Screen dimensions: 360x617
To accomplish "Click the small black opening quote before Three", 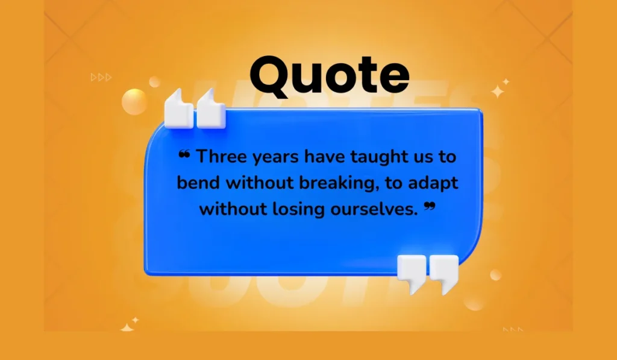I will (x=184, y=154).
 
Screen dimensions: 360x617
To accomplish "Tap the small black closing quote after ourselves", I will (x=430, y=207).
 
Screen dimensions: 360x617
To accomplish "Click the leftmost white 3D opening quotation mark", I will (x=179, y=109).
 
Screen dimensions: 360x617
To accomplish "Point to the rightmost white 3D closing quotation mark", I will (x=444, y=273).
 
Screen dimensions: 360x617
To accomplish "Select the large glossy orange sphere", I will (x=134, y=102).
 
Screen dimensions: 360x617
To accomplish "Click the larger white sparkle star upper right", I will (x=498, y=92).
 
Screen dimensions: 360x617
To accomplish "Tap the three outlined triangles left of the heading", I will (x=101, y=77).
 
